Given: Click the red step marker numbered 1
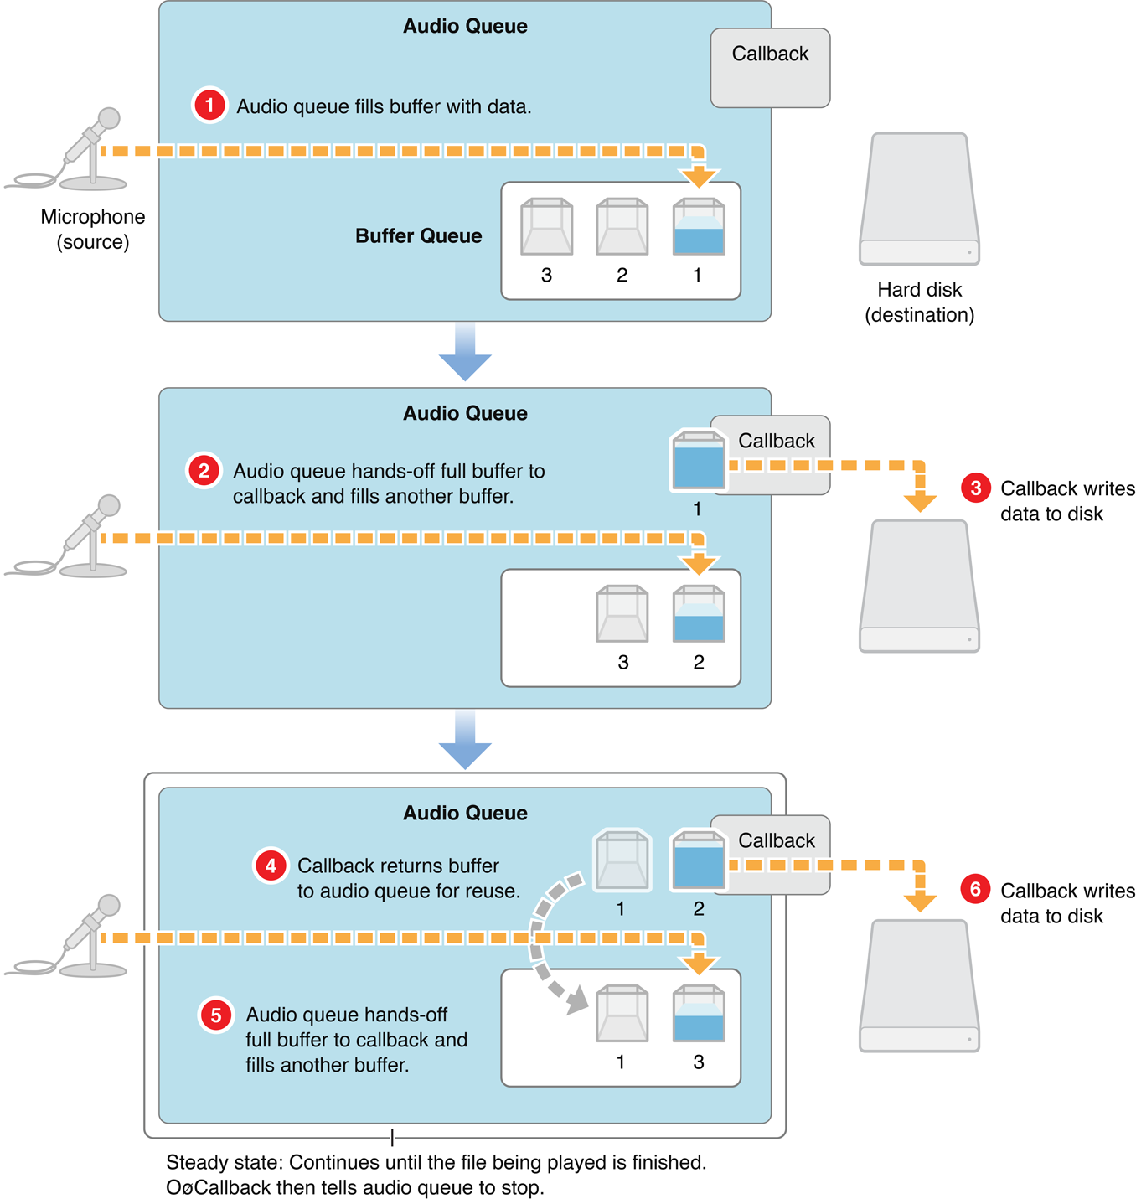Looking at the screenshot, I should (209, 106).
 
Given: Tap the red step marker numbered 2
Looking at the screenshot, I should (204, 470).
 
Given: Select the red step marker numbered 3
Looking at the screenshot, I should (976, 488).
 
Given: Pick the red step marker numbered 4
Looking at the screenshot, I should (271, 865).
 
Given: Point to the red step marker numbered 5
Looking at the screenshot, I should (216, 1015).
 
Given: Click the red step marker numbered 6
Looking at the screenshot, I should (976, 889).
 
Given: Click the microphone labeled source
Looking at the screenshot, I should (89, 151).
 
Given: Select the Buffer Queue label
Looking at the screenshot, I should (418, 236).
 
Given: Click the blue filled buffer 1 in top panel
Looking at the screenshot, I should (698, 227).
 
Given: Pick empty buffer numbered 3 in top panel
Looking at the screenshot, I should (546, 227).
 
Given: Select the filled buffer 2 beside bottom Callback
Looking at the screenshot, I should (698, 860).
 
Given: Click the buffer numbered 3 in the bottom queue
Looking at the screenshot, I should (698, 1014).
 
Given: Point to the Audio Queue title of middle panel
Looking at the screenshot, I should (465, 413).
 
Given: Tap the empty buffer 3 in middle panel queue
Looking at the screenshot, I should (622, 614).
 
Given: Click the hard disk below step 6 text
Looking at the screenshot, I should (919, 986).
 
